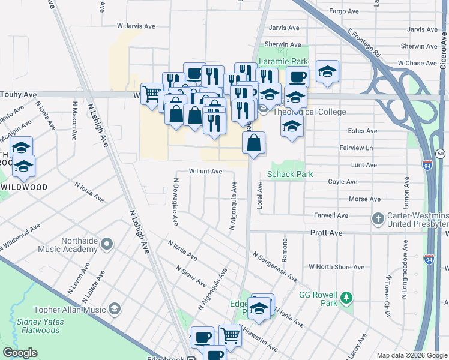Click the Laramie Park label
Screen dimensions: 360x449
[283, 61]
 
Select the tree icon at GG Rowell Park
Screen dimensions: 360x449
[346, 297]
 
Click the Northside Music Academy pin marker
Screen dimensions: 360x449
[107, 244]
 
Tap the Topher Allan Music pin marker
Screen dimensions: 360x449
[114, 309]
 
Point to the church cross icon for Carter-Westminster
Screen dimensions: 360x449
[378, 219]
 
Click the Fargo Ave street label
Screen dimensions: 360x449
[344, 11]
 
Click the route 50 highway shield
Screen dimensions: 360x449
[441, 154]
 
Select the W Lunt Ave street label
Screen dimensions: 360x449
[206, 171]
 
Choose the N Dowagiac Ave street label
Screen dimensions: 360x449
[176, 202]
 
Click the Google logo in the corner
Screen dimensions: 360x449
[20, 353]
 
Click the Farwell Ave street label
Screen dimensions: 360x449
[331, 215]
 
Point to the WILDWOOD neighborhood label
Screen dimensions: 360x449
[24, 187]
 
